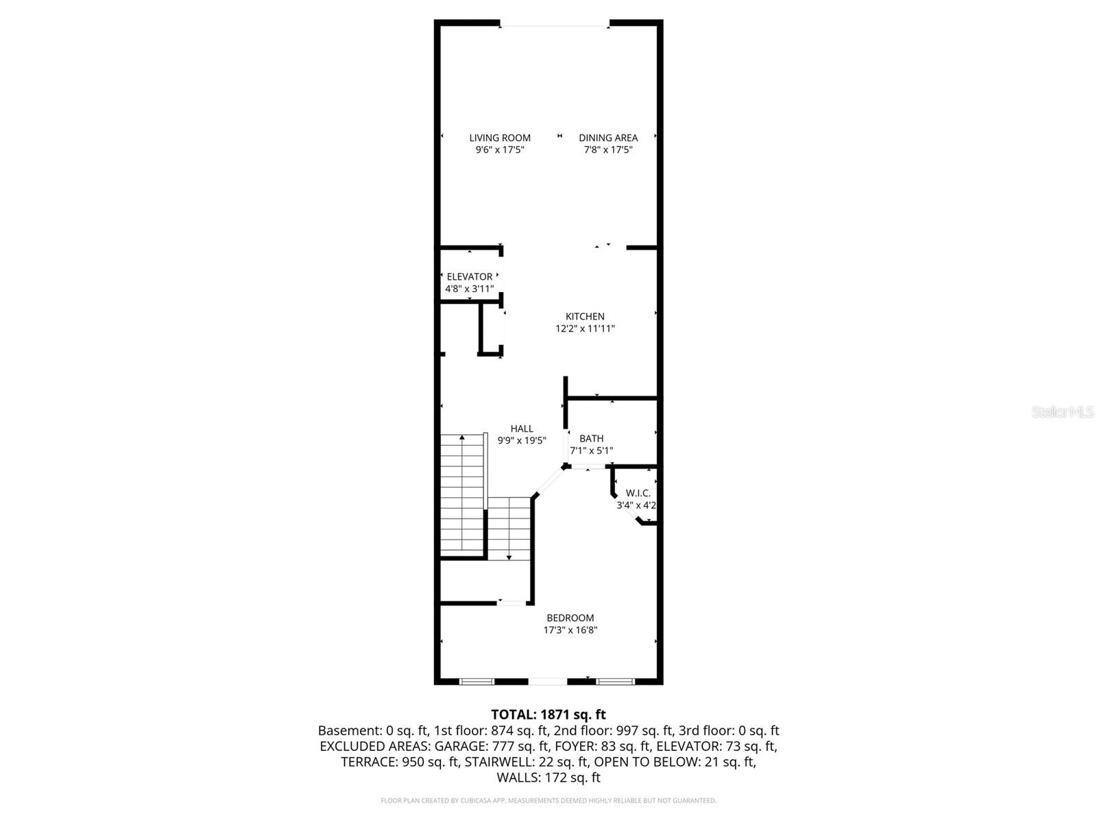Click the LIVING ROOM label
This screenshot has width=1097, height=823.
click(x=500, y=138)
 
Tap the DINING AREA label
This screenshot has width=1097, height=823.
click(x=608, y=138)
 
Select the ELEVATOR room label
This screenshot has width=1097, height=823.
click(x=470, y=277)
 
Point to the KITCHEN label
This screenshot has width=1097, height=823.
click(x=585, y=317)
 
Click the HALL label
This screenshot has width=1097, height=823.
click(x=522, y=429)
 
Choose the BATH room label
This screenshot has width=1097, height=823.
click(x=592, y=439)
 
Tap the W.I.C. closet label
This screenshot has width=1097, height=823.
click(x=638, y=493)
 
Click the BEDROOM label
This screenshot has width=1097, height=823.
click(x=570, y=618)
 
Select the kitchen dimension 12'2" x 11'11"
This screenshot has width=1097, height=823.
click(x=585, y=329)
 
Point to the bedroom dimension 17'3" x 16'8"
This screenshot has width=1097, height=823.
click(x=570, y=630)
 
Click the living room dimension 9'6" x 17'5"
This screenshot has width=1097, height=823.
click(x=500, y=150)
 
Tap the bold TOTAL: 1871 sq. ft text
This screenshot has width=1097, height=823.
click(x=548, y=715)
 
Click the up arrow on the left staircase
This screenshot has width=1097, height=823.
click(x=462, y=439)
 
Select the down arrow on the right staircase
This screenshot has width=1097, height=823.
click(x=509, y=556)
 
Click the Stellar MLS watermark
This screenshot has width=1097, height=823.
click(x=1063, y=412)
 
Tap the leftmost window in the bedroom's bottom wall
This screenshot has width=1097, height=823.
click(x=477, y=682)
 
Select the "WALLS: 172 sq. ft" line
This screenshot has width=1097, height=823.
click(x=548, y=778)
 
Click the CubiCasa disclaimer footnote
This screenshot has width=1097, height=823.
click(x=548, y=800)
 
